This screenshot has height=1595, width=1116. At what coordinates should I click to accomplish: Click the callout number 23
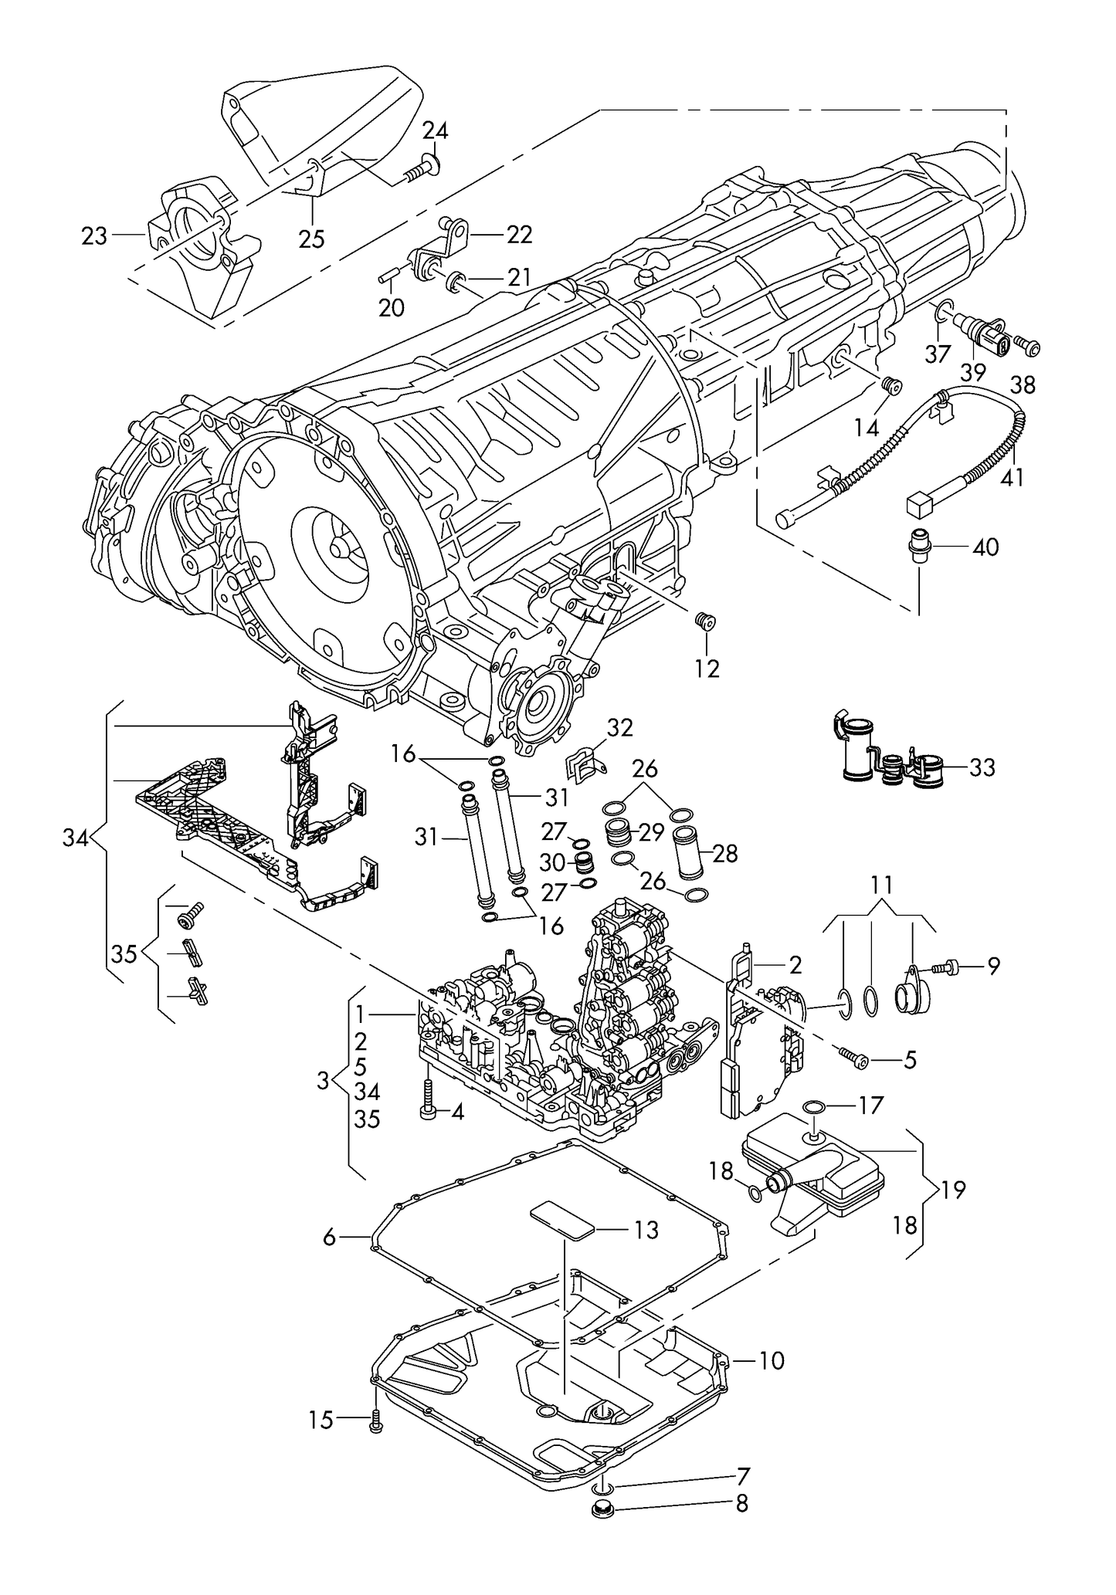point(94,235)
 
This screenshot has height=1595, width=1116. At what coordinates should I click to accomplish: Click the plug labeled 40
point(918,547)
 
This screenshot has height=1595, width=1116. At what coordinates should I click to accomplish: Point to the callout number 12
point(707,668)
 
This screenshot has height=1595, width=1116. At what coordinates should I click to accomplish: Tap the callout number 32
point(619,727)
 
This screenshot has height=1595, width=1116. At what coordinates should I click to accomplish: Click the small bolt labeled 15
point(376,1419)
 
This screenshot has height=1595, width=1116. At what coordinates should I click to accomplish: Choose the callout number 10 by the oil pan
point(772,1360)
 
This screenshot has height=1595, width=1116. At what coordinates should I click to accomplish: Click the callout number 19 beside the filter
point(953,1190)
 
